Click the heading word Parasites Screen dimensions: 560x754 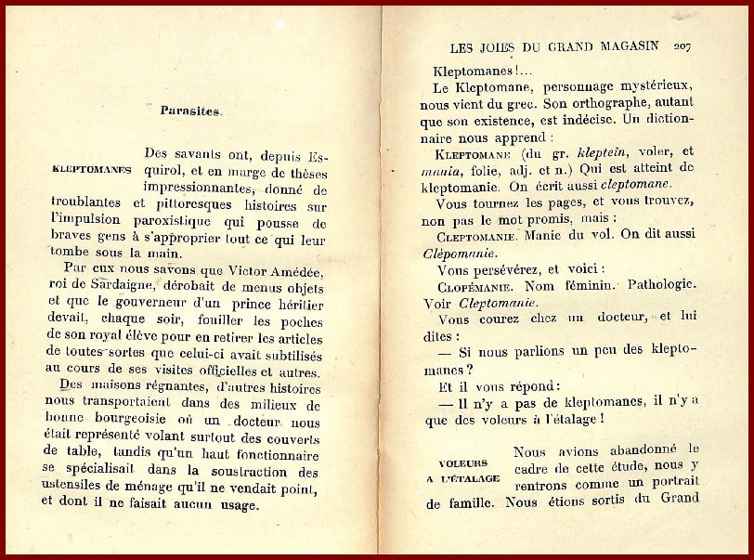tap(190, 111)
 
